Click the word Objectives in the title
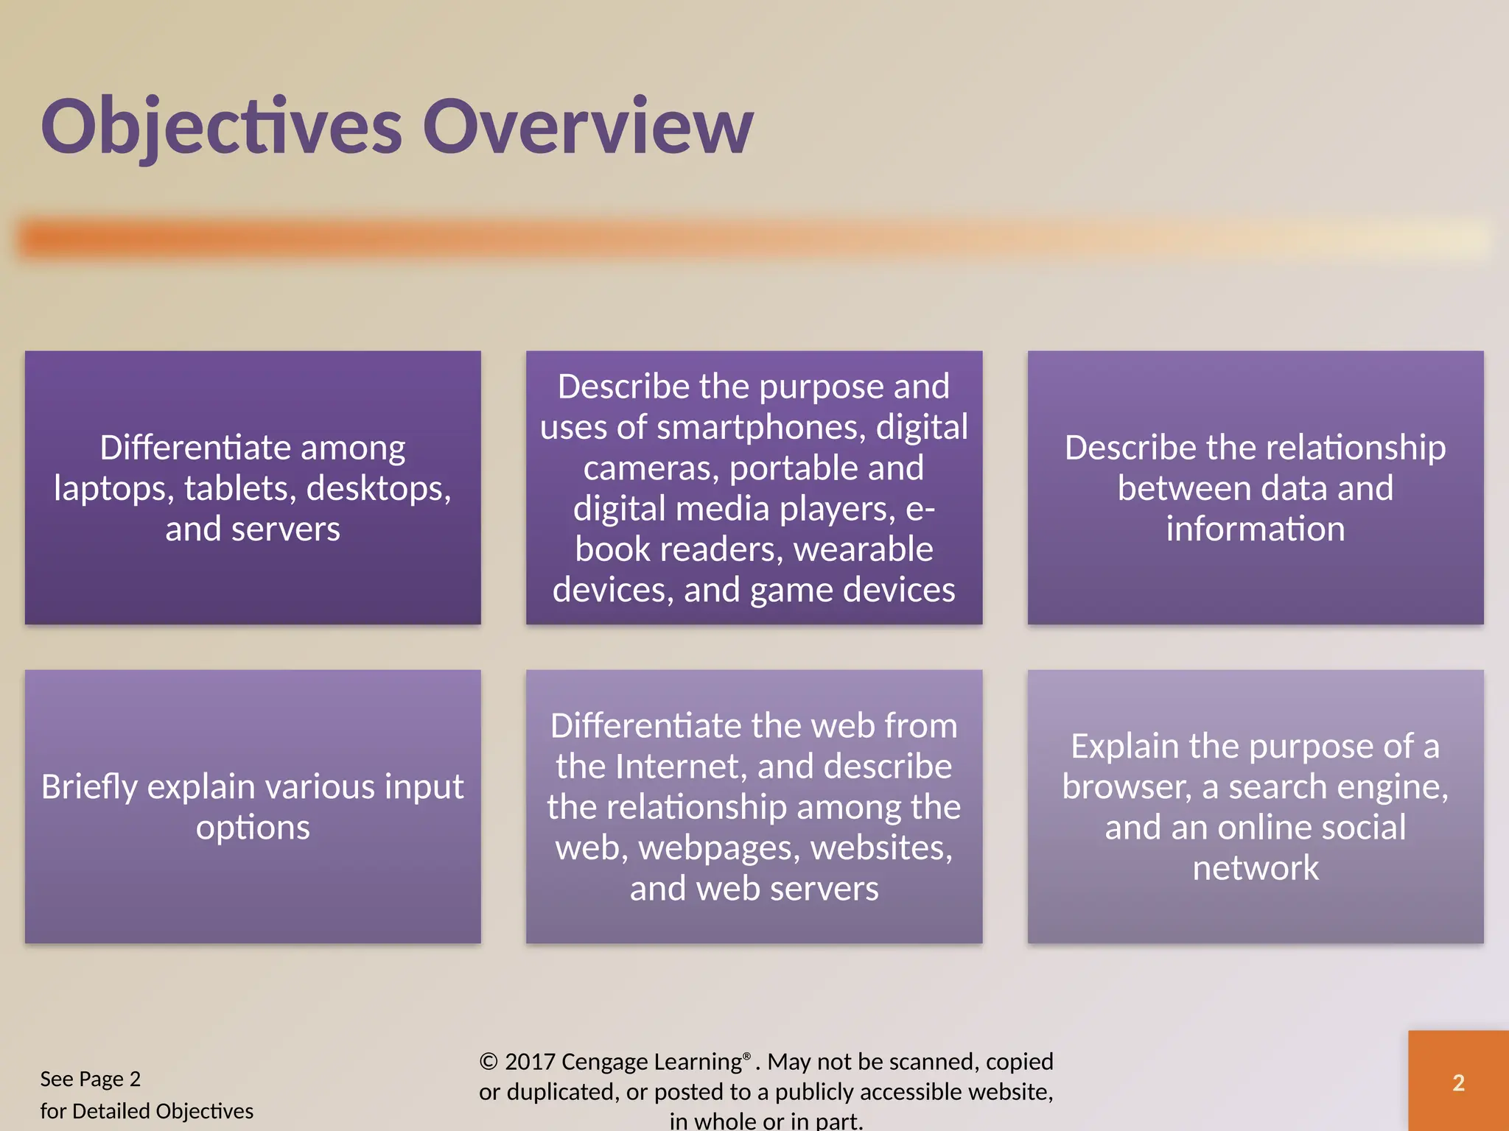(221, 127)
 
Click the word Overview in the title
(588, 127)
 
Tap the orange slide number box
(1458, 1081)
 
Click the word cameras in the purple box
(651, 468)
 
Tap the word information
(1255, 529)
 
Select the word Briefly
(90, 787)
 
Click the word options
(253, 828)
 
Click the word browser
(1125, 787)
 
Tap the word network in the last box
(1255, 868)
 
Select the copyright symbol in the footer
(489, 1062)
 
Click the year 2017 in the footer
(530, 1062)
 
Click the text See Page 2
(90, 1079)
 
